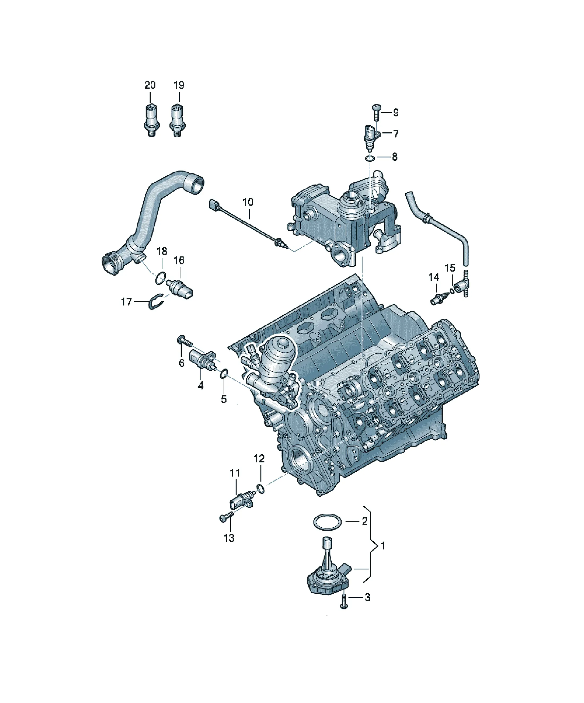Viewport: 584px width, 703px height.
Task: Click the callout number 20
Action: [150, 85]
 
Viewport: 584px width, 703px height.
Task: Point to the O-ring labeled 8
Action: [370, 158]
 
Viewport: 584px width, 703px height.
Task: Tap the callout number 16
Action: [179, 260]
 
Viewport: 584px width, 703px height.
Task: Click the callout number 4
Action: [201, 386]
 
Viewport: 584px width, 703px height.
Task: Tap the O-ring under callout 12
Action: [260, 488]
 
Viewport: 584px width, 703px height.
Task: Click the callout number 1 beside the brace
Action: [383, 546]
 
